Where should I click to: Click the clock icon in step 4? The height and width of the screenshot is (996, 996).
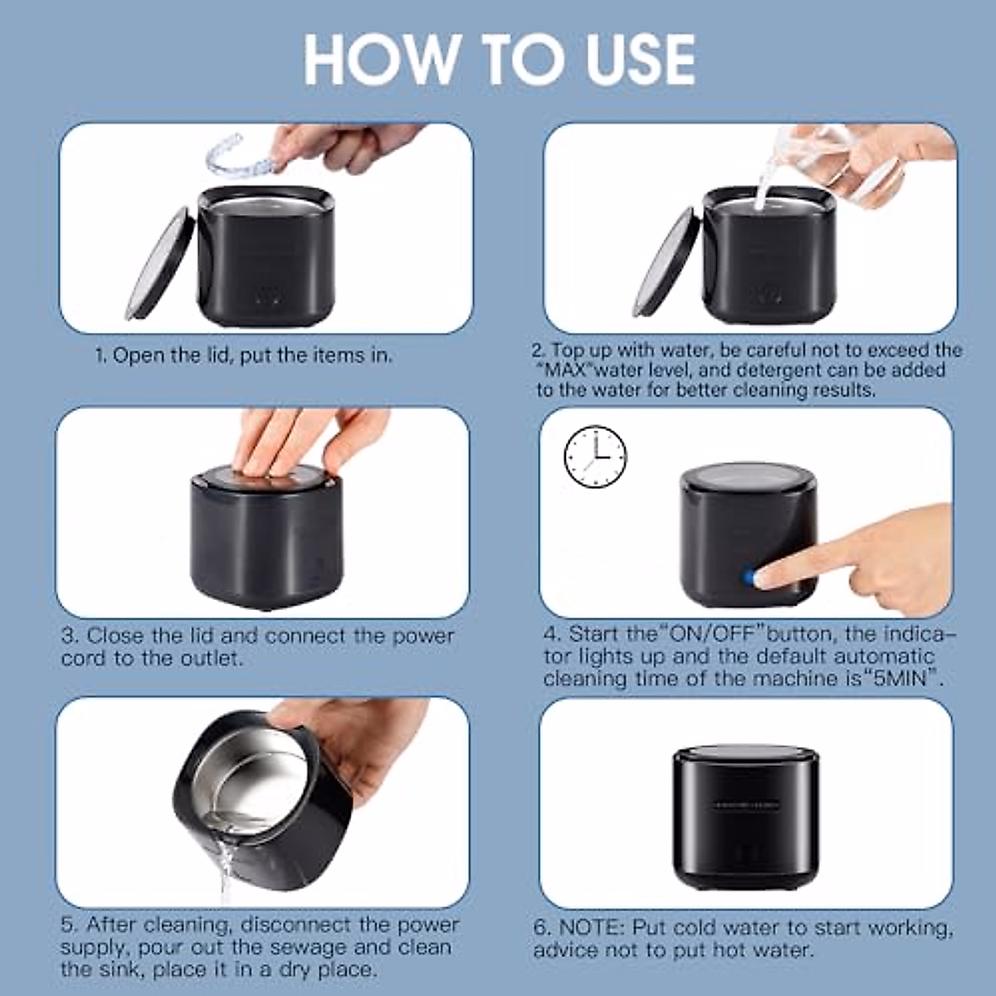point(595,456)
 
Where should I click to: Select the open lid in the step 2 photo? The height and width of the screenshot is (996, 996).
point(666,263)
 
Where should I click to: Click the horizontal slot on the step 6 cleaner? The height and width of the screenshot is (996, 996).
point(745,804)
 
